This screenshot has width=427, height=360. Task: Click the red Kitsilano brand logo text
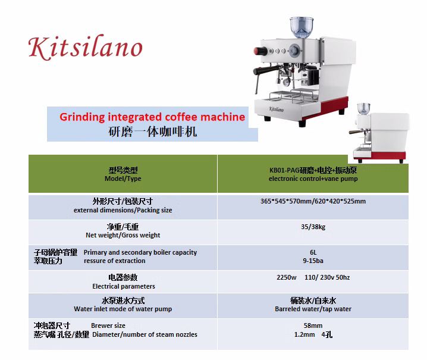(x=85, y=47)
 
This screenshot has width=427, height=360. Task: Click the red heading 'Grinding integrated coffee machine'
(x=152, y=117)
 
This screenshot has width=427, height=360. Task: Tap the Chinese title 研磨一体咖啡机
(x=152, y=132)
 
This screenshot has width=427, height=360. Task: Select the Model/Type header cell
(x=123, y=174)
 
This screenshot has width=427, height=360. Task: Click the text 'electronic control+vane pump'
(x=313, y=179)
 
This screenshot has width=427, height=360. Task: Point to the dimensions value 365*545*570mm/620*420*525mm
(x=313, y=201)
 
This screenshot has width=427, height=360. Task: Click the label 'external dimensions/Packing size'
(x=123, y=210)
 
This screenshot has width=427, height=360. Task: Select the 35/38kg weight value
(x=313, y=227)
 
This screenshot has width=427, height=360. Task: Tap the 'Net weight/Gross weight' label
(x=123, y=235)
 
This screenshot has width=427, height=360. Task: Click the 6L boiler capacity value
(x=313, y=252)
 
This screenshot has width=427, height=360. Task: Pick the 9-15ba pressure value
(x=313, y=261)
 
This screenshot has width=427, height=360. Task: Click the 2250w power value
(x=287, y=277)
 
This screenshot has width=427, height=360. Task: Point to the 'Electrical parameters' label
(x=124, y=286)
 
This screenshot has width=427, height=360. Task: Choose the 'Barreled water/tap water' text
(x=313, y=309)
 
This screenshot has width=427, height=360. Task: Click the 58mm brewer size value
(x=313, y=325)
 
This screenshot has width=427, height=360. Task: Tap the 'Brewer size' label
(x=108, y=325)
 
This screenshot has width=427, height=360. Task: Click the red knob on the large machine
(x=260, y=51)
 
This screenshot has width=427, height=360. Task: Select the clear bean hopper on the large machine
(x=302, y=27)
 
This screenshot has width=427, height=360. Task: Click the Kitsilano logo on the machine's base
(x=277, y=109)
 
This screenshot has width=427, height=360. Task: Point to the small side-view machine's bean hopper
(x=363, y=109)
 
